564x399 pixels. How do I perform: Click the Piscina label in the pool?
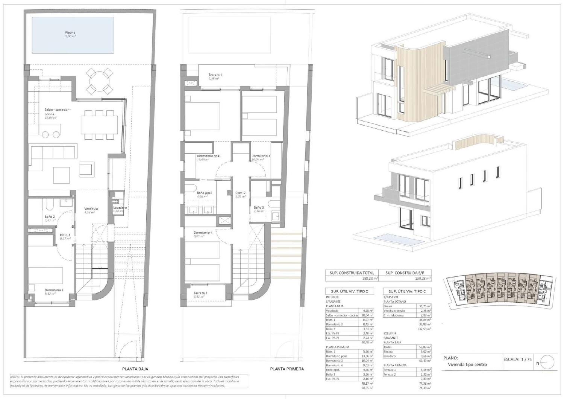(70, 33)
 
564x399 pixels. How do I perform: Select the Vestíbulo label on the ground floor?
(91, 209)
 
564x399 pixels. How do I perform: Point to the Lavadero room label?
(120, 208)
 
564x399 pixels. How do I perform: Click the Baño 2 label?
(50, 217)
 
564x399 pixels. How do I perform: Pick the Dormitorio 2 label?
(54, 290)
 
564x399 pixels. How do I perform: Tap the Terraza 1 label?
(215, 75)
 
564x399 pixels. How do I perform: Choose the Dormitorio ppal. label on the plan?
(209, 156)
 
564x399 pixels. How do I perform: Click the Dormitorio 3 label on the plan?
(261, 156)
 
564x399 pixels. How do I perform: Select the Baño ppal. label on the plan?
(205, 193)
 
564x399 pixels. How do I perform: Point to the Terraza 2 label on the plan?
(200, 293)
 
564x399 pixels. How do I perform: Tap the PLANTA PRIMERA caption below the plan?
(287, 369)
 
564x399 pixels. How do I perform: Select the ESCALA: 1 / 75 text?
(517, 359)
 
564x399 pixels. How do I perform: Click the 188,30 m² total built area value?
(368, 279)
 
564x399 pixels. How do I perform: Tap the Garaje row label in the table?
(388, 306)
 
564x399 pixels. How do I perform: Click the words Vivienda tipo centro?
(467, 364)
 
